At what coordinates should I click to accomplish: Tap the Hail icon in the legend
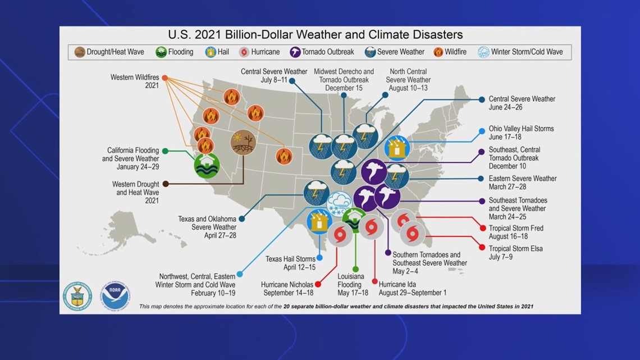pos(210,52)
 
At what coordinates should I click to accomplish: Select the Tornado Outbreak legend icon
pos(295,52)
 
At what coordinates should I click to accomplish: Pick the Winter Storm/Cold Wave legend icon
pos(484,52)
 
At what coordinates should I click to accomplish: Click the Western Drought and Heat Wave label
pos(135,192)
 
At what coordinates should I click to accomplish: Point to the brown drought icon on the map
pos(243,143)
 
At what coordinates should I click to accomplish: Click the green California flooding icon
pos(207,165)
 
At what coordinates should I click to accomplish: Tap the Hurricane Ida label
pos(412,289)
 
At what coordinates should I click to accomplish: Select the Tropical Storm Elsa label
pos(515,253)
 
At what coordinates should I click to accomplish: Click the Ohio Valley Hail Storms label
pos(521,133)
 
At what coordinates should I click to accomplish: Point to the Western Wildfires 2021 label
pos(135,81)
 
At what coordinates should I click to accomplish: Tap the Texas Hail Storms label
pos(290,263)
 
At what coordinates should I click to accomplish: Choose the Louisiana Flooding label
pos(353,285)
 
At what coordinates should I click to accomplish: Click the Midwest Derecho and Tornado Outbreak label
pos(344,80)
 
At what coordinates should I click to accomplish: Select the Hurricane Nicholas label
pos(287,289)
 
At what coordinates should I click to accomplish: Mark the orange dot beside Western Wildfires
pos(165,78)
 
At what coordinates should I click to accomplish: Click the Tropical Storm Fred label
pos(516,233)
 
